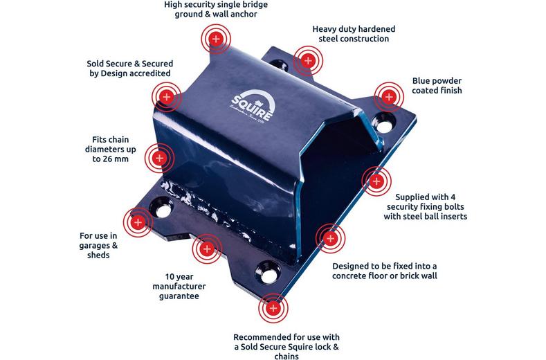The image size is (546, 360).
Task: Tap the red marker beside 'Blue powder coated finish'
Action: click(x=389, y=97)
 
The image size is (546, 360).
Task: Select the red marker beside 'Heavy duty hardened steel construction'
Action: click(x=308, y=61)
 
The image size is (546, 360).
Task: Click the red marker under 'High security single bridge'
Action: click(x=216, y=39)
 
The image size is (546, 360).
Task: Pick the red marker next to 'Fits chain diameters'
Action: click(x=159, y=159)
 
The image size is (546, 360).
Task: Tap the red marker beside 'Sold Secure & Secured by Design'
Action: click(x=167, y=97)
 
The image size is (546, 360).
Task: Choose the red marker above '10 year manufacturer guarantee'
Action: click(x=207, y=249)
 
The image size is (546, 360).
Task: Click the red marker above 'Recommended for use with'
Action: click(x=273, y=308)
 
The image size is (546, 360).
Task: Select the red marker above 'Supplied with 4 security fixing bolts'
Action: click(x=376, y=181)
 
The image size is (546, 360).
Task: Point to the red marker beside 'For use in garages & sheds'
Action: click(x=138, y=222)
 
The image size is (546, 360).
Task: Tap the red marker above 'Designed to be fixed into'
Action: click(x=331, y=238)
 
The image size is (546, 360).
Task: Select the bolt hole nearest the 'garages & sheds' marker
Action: click(x=161, y=208)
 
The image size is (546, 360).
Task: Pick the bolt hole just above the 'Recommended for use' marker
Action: click(x=269, y=273)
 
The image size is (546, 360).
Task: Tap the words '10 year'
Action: click(x=179, y=277)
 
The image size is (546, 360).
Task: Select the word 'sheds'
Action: click(x=98, y=255)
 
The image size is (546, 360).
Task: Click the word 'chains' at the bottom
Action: click(x=286, y=356)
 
